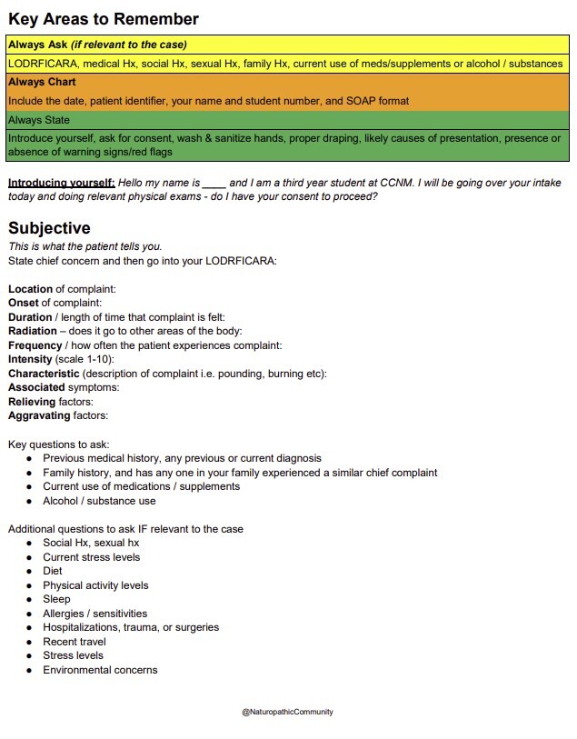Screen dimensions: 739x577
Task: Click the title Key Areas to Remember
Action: pyautogui.click(x=104, y=19)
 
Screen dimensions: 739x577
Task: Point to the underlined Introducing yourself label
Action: pyautogui.click(x=62, y=183)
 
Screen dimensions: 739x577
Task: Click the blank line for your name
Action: pyautogui.click(x=214, y=183)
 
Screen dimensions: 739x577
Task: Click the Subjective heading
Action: pyautogui.click(x=49, y=228)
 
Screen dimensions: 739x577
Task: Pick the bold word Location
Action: pyautogui.click(x=31, y=289)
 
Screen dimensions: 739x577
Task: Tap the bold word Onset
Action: pyautogui.click(x=25, y=303)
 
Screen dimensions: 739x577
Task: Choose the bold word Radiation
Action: pyautogui.click(x=33, y=331)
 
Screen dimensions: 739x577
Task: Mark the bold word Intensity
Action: pyautogui.click(x=31, y=359)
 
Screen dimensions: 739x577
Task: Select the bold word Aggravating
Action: pyautogui.click(x=39, y=415)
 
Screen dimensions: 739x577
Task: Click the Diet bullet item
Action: pyautogui.click(x=53, y=571)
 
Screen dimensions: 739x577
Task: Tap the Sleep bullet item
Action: pyautogui.click(x=55, y=599)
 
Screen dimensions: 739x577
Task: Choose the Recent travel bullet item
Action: pyautogui.click(x=75, y=642)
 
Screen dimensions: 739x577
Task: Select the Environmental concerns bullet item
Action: pyautogui.click(x=100, y=670)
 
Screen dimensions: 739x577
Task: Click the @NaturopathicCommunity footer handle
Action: pyautogui.click(x=287, y=712)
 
